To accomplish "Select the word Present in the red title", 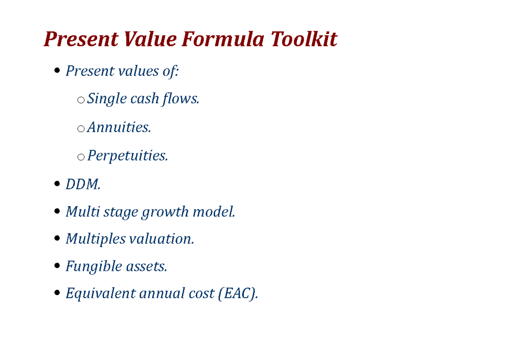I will point(81,40).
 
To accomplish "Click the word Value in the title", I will point(150,40).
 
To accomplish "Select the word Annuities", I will point(119,127).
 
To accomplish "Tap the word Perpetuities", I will point(128,156).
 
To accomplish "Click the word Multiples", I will point(96,239).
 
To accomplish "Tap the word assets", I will point(147,267).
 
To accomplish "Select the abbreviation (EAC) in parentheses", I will point(238,293).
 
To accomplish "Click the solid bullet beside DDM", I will point(58,185).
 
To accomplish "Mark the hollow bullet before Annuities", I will point(81,128).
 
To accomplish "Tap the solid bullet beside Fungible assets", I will point(58,267).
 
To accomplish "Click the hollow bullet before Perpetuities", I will point(81,157).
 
